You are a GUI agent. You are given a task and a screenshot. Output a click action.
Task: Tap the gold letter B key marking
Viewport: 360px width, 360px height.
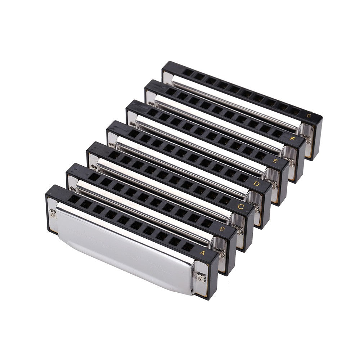[x=222, y=229]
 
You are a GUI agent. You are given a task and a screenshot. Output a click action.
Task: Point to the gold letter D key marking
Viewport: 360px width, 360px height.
[x=257, y=184]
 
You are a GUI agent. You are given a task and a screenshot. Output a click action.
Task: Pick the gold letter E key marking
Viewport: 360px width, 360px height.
[x=274, y=161]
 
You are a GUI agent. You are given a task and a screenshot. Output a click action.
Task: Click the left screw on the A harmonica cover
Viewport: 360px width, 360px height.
[x=53, y=216]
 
